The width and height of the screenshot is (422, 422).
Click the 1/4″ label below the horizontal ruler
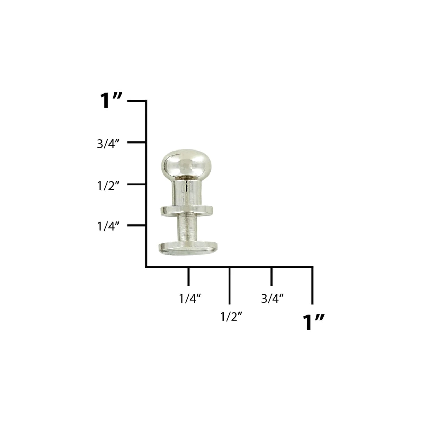coord(190,299)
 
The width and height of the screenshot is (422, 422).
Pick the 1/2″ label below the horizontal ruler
coord(231,317)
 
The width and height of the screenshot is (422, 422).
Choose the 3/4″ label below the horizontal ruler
coord(273,299)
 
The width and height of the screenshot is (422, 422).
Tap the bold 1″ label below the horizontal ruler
coord(314,322)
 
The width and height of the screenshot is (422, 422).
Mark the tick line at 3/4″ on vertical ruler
coord(137,142)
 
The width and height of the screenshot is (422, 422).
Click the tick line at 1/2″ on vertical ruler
coord(137,184)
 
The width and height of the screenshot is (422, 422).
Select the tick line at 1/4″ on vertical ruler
coord(137,225)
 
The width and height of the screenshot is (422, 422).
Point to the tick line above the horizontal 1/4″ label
coord(188,276)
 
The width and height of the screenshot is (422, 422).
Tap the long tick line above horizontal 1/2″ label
coord(229,285)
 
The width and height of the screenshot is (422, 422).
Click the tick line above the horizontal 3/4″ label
coord(271,276)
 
